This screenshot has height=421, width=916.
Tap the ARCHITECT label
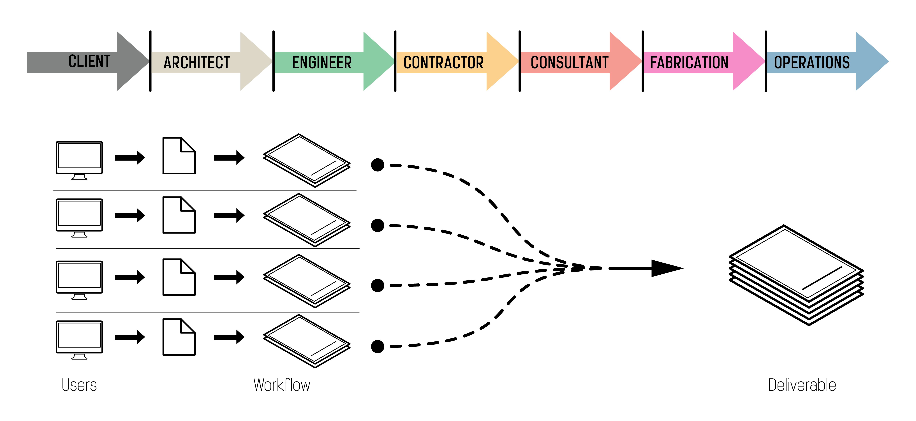197,63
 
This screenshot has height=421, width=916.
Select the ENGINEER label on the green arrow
322,63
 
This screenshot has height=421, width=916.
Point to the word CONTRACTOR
443,63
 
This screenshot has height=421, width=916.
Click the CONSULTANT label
570,63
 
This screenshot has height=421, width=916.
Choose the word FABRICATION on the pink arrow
689,63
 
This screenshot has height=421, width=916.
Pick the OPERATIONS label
812,63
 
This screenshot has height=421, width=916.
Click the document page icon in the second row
179,215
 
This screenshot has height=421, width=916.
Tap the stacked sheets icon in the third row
307,281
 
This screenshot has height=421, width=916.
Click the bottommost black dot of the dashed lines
377,346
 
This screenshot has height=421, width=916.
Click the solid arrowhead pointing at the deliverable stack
666,268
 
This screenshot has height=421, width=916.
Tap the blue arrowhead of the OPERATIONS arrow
871,61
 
